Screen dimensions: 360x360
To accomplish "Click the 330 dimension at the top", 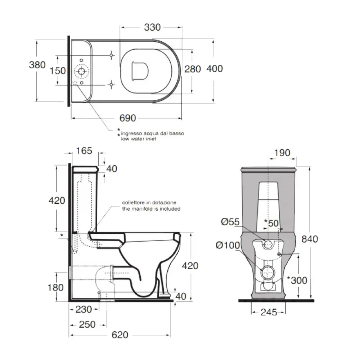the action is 152,27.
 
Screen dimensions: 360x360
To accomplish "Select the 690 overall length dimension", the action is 128,118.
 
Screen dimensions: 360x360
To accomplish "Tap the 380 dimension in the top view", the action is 37,65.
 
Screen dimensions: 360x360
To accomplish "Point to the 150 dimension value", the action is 58,71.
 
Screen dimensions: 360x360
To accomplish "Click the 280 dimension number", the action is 193,69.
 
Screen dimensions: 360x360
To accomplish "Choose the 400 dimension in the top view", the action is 215,69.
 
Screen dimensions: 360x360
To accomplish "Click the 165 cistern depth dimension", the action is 84,150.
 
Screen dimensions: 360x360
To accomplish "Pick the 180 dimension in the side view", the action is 55,287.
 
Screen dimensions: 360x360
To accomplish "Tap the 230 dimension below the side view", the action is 84,309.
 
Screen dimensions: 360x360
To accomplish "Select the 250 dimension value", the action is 87,324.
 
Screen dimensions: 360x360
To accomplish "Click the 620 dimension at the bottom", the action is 120,335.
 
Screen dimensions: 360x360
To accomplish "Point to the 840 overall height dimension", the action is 310,239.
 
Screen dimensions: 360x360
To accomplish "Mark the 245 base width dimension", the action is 269,312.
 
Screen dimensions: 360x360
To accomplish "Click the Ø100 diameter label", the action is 228,245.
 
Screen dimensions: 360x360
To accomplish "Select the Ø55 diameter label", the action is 230,222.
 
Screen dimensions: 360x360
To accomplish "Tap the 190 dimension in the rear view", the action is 282,153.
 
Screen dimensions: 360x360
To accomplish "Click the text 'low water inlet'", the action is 139,139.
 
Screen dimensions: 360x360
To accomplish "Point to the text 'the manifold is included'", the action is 151,209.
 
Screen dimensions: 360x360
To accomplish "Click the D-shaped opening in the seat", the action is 140,71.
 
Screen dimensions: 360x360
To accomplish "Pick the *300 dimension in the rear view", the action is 297,280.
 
